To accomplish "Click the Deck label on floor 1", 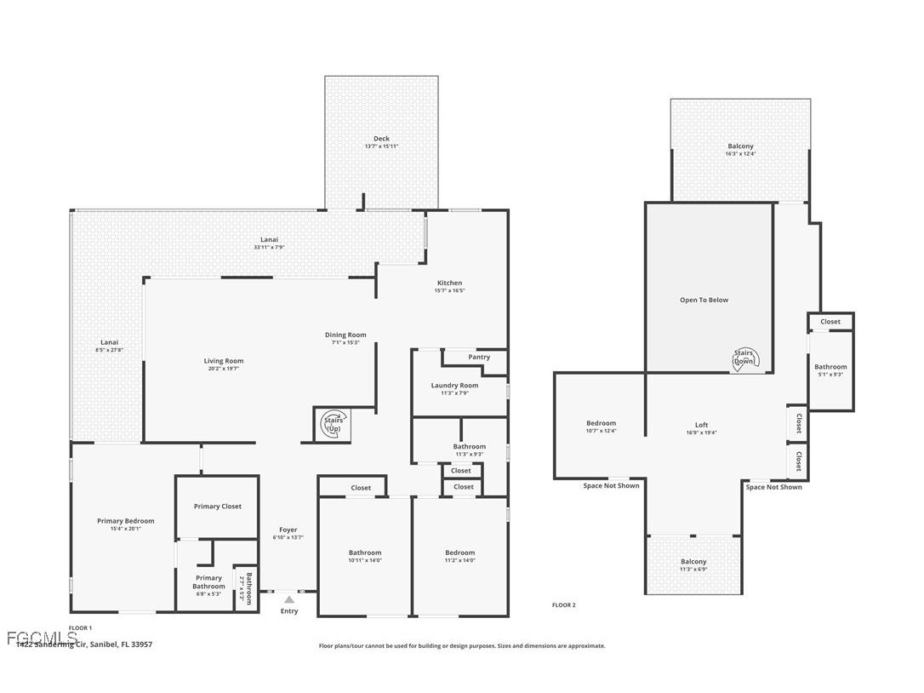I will (x=381, y=139).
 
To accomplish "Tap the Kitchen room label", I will (x=449, y=283).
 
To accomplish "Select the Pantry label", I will (x=479, y=357).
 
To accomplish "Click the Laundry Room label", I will (x=454, y=386).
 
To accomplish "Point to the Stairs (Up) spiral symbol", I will (x=333, y=424).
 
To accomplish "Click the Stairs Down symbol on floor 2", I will (x=744, y=358).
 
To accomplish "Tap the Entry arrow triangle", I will (x=289, y=599).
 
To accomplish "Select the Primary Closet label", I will (x=218, y=507).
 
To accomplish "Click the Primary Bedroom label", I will (x=126, y=521).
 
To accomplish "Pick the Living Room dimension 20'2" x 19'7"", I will (x=224, y=369).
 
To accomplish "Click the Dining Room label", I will (x=345, y=335).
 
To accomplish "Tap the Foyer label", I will (x=288, y=530).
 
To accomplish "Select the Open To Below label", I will (x=704, y=300).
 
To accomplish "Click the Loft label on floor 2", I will (x=701, y=425).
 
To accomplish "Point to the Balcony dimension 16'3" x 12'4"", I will (x=740, y=154).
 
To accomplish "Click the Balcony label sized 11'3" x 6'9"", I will (x=693, y=562).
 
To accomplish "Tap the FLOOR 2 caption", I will (x=563, y=605).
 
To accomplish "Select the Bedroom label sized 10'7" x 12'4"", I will (x=601, y=423).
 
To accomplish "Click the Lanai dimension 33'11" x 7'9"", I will (x=269, y=247).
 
